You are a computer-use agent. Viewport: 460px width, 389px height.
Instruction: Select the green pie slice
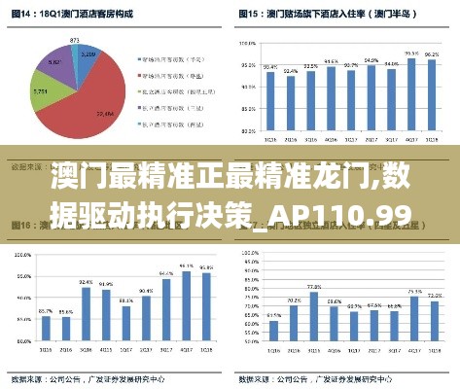(45, 97)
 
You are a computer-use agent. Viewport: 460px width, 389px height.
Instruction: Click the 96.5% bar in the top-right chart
(411, 96)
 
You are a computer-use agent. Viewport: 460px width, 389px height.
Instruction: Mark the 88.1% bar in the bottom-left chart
(125, 321)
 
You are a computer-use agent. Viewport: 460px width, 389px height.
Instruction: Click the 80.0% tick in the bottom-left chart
(20, 336)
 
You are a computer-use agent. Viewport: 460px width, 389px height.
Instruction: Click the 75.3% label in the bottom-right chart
(413, 291)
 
